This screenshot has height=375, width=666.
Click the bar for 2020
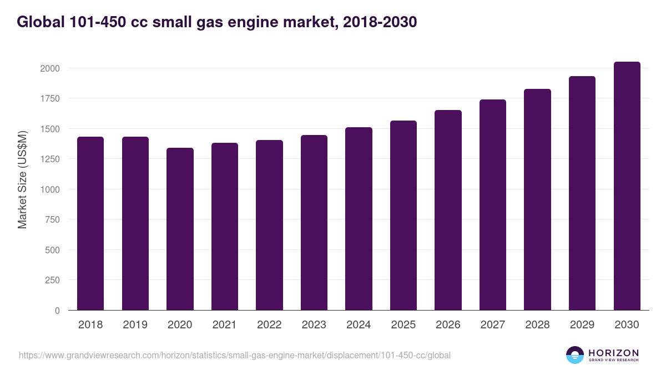180,229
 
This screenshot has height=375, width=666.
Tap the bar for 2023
314,222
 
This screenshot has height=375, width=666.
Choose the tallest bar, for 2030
627,186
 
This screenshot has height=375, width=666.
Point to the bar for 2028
537,199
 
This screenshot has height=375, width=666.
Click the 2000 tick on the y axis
49,68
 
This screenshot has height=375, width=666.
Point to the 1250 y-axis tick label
49,159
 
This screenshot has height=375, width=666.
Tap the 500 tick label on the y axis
52,250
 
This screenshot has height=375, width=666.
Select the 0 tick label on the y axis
57,311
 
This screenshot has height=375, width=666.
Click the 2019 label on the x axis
135,325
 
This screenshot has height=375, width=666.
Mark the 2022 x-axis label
269,325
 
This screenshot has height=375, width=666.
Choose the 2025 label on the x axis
403,325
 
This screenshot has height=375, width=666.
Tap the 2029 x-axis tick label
582,325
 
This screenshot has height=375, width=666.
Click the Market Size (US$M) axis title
22,179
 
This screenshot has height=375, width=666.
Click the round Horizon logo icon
574,355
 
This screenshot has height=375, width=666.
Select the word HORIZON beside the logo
613,352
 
